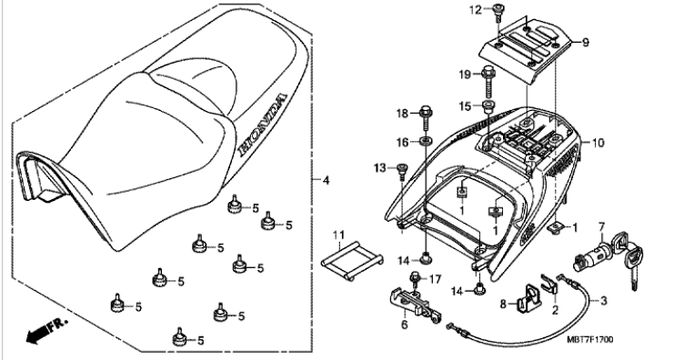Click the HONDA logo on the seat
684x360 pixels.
[262, 125]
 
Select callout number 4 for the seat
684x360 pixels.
[326, 180]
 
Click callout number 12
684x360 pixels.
[476, 10]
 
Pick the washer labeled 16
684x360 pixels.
[426, 141]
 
